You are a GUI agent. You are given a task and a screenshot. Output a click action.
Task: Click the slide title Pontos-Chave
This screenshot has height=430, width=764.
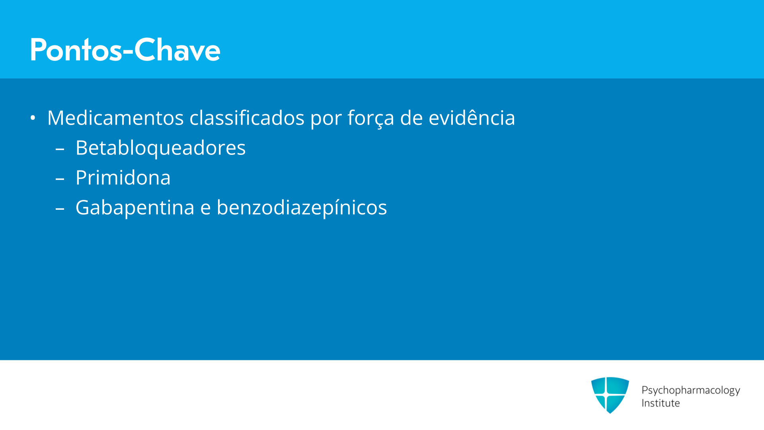click(125, 50)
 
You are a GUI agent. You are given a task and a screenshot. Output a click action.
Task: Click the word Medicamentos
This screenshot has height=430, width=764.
click(115, 118)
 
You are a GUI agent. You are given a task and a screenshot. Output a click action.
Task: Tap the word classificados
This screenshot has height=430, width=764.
click(247, 118)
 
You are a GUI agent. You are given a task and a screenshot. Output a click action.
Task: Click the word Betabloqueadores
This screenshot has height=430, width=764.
click(160, 148)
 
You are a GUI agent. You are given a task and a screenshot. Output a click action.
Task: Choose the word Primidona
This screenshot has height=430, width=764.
click(123, 178)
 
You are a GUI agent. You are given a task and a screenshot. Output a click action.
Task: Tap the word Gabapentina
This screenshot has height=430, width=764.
click(135, 208)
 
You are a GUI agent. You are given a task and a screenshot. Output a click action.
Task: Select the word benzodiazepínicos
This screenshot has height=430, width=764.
click(302, 208)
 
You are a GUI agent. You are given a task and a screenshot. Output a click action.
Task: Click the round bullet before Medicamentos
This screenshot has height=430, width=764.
click(33, 118)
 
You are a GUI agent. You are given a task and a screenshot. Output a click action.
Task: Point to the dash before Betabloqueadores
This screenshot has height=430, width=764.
click(60, 150)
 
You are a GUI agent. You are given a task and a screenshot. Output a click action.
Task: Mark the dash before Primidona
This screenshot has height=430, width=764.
click(60, 180)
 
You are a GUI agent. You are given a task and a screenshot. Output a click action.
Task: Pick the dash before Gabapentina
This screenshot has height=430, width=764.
click(60, 210)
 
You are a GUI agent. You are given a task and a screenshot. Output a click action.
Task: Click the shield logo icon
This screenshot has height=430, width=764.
click(610, 395)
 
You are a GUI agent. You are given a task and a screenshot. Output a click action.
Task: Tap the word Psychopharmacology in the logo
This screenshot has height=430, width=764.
click(691, 391)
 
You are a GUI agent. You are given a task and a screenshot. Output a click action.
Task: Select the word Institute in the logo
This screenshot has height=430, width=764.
click(661, 403)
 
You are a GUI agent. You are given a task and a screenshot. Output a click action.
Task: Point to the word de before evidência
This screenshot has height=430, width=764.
click(411, 118)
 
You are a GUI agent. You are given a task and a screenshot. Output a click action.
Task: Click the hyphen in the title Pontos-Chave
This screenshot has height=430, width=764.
click(128, 52)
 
